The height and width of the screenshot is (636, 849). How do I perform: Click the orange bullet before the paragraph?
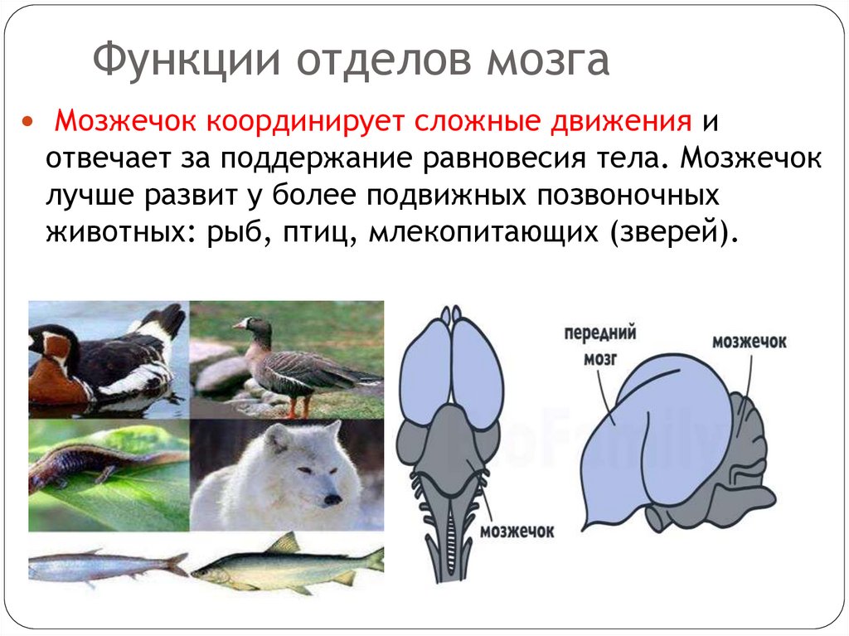point(28,123)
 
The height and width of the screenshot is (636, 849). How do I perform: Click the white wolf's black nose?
point(332,500)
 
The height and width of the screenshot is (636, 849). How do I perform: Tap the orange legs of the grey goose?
point(297,406)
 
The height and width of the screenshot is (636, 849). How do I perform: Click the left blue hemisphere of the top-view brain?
point(424,365)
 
